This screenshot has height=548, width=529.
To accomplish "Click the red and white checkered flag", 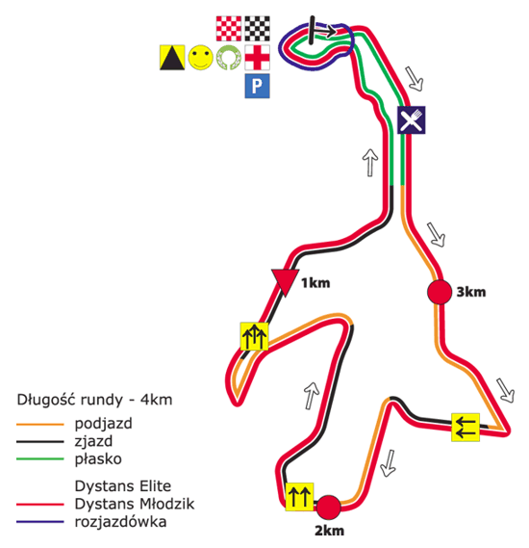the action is point(229,29).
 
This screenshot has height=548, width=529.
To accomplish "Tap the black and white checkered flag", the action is point(257,29).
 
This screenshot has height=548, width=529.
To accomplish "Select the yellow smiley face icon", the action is point(201,58).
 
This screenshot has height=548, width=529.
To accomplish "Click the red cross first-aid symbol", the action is point(257,58).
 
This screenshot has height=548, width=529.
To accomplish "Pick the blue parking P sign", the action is point(257,86).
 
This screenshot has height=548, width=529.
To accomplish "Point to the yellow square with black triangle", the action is point(172,58).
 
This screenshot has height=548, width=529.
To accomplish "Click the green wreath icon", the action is point(229,58).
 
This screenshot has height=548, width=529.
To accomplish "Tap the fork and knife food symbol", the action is point(412,119).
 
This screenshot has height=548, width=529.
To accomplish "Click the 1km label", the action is point(315,283).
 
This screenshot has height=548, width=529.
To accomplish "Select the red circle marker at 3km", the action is point(440,292).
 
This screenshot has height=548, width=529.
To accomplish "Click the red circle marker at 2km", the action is point(329,508).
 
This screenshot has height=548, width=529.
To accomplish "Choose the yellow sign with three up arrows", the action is point(254,336).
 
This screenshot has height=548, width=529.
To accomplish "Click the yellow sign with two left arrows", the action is point(466,428).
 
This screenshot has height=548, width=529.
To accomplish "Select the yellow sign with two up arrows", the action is point(299,497).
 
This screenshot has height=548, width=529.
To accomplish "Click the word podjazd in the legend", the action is point(104,424).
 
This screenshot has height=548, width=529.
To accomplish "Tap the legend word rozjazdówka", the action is point(120,522).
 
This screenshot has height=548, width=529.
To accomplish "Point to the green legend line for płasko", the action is point(40,458).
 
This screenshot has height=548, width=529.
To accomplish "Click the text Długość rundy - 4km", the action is point(94,400).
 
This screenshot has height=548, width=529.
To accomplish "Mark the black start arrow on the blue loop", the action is point(323,31).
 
